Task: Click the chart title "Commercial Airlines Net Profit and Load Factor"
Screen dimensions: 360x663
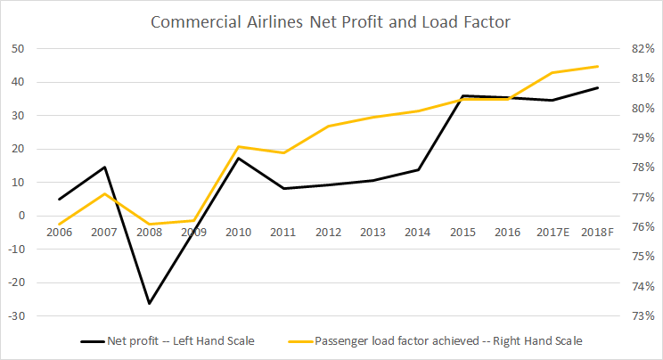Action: (331, 20)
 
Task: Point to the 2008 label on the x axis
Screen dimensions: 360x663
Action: (149, 232)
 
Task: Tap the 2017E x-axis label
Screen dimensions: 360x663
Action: (552, 232)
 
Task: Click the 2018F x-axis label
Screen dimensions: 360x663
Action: (596, 232)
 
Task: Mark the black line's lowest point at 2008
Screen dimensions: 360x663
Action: (149, 304)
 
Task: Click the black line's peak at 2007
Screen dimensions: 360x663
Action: (104, 167)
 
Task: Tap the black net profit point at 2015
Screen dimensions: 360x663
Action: (462, 95)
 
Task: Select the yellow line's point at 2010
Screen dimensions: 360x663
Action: (239, 146)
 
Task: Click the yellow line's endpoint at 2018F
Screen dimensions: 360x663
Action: (597, 66)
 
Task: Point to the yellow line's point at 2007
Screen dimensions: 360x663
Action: (104, 193)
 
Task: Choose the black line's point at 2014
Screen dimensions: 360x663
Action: (418, 169)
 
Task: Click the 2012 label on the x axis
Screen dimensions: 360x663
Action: (328, 232)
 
